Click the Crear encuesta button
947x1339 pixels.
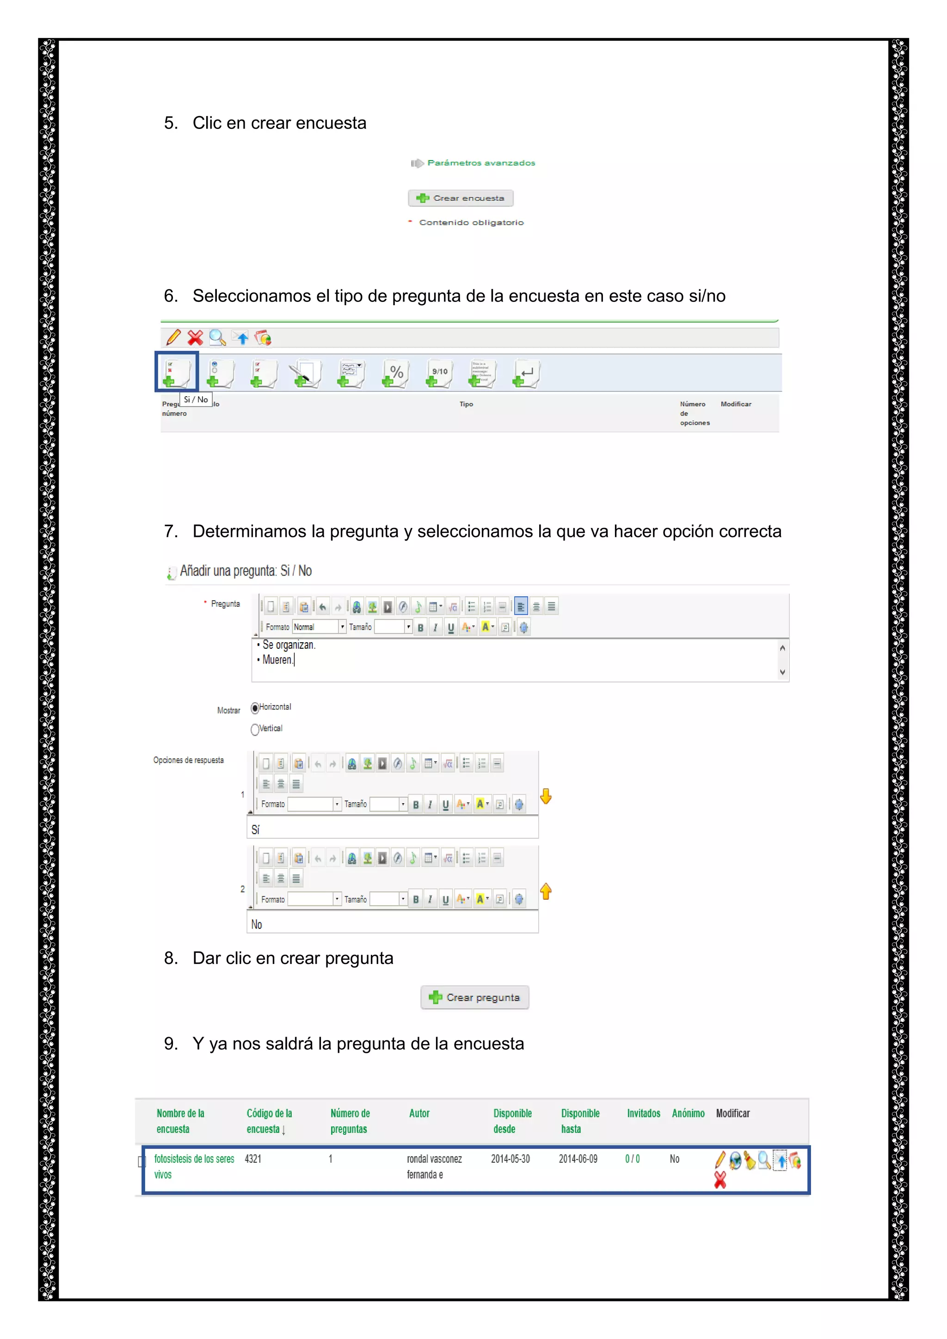[461, 198]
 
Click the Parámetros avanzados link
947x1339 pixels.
[480, 163]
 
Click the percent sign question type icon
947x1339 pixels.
[395, 373]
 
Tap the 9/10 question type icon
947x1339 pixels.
[439, 373]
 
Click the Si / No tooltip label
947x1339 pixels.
[195, 399]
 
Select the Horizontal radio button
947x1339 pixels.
[255, 708]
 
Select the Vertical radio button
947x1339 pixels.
[255, 730]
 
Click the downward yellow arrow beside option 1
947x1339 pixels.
[546, 796]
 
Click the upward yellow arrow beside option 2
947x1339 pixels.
[546, 891]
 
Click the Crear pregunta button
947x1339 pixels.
[475, 997]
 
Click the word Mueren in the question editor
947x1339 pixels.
[277, 660]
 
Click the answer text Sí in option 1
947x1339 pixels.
[255, 829]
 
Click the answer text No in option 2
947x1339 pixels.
[257, 924]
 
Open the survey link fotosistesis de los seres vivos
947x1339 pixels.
[194, 1160]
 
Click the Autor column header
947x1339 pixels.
[419, 1113]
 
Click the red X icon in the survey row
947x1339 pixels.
[720, 1180]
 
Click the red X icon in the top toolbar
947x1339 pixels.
[195, 338]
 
